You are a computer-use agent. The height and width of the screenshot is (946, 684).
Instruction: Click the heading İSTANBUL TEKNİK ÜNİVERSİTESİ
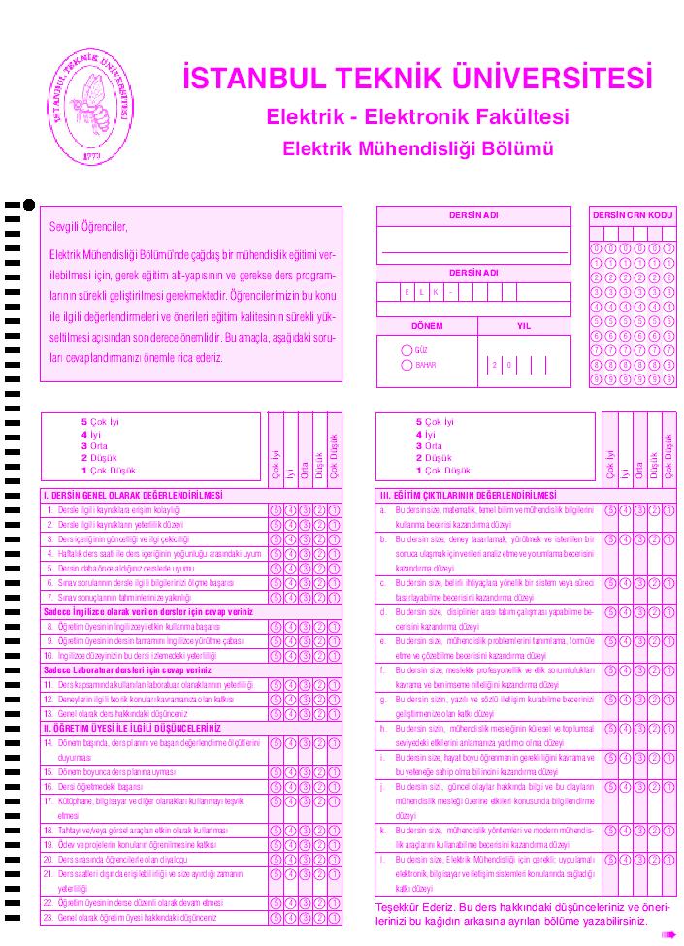[417, 79]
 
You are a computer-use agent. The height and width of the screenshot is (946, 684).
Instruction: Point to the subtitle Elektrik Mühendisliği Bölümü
[417, 149]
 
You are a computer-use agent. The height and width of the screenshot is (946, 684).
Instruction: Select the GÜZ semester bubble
[407, 348]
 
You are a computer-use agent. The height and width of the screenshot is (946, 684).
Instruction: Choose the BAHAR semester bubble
[407, 365]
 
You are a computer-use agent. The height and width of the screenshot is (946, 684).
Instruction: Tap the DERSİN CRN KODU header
[632, 214]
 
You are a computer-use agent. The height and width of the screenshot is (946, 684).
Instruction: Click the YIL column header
[524, 326]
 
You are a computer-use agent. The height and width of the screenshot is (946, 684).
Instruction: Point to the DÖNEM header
[426, 326]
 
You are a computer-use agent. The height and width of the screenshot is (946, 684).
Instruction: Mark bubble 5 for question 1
[276, 510]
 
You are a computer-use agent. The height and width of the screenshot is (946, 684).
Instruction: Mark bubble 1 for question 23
[335, 917]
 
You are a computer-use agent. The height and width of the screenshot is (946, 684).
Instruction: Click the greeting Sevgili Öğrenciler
[89, 228]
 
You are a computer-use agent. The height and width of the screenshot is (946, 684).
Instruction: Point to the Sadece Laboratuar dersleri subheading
[127, 669]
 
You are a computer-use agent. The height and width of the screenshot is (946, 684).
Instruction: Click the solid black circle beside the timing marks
[29, 205]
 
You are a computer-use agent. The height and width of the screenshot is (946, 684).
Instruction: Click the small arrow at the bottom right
[668, 934]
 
